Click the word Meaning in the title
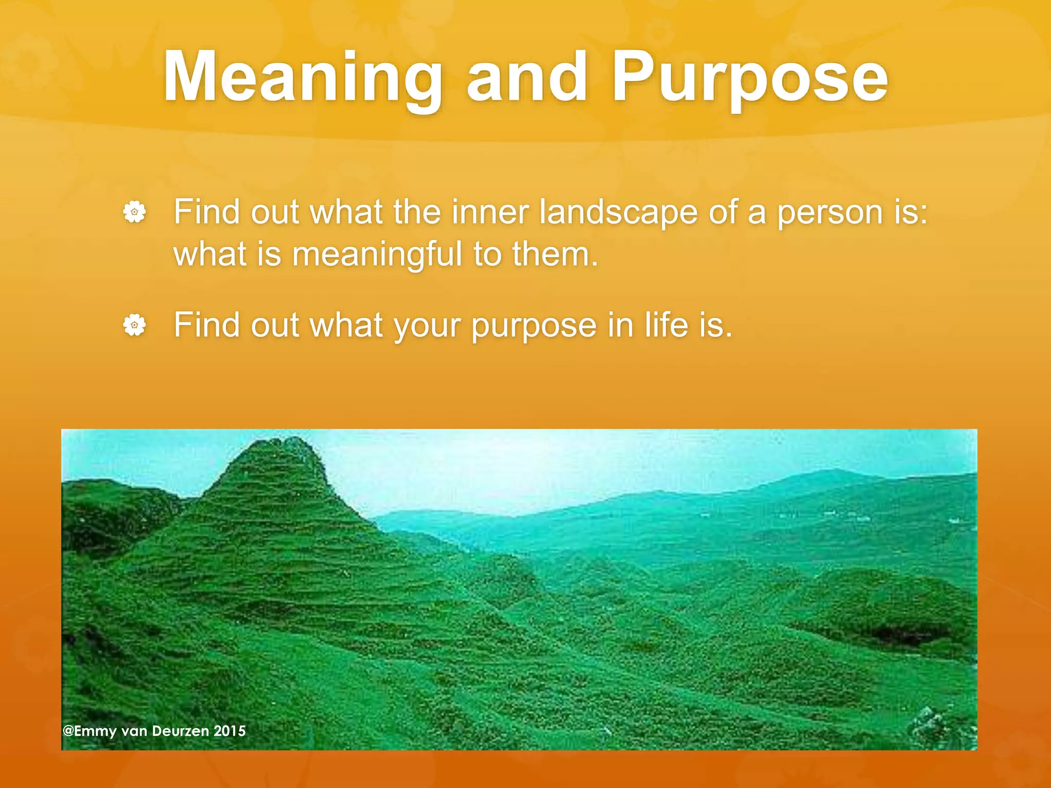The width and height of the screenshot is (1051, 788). (x=303, y=78)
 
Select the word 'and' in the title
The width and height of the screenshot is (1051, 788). (x=527, y=78)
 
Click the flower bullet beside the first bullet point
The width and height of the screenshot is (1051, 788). (x=134, y=212)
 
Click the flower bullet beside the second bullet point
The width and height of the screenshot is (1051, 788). (x=134, y=325)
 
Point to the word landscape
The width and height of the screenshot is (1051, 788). (x=618, y=212)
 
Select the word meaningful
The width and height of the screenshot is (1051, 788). (x=377, y=255)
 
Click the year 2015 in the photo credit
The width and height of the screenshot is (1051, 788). (x=229, y=731)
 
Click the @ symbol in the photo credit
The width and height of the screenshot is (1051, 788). (x=68, y=731)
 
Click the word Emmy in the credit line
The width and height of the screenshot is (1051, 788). (x=95, y=732)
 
